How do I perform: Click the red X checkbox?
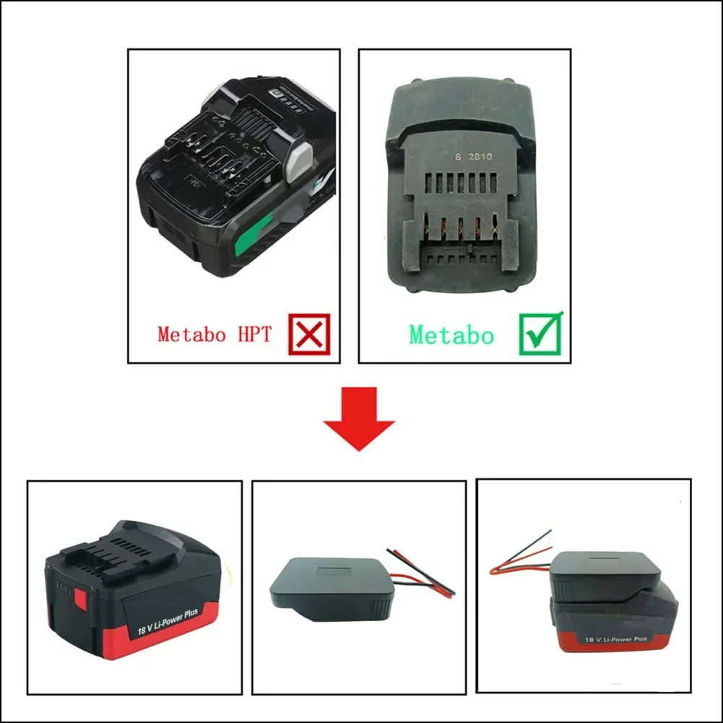pos(308,334)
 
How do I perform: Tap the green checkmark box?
pos(540,334)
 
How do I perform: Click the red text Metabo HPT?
pos(214,334)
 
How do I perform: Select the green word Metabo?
pos(451,335)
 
